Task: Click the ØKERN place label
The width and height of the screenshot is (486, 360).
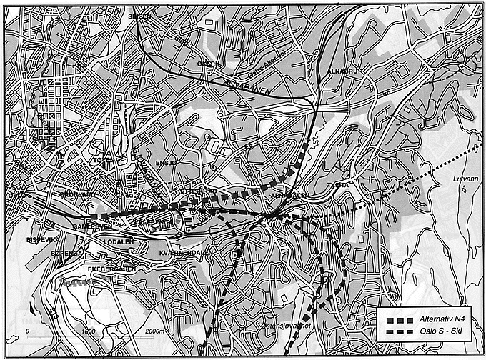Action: tap(208, 63)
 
